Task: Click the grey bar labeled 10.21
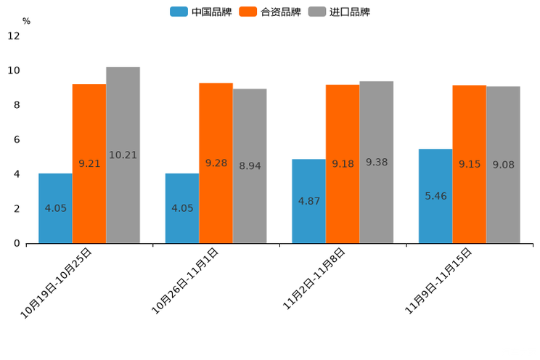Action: (123, 155)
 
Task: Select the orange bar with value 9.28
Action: (216, 163)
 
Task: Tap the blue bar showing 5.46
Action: (435, 196)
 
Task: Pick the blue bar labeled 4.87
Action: (308, 201)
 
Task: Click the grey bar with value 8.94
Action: (250, 165)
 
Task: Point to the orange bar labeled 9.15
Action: (470, 164)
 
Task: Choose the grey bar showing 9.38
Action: (376, 162)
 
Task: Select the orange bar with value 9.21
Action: (89, 163)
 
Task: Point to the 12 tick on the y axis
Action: (14, 36)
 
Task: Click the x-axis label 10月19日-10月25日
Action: (57, 282)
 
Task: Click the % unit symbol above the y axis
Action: (26, 21)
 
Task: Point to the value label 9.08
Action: (503, 165)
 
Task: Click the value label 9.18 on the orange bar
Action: (343, 164)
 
